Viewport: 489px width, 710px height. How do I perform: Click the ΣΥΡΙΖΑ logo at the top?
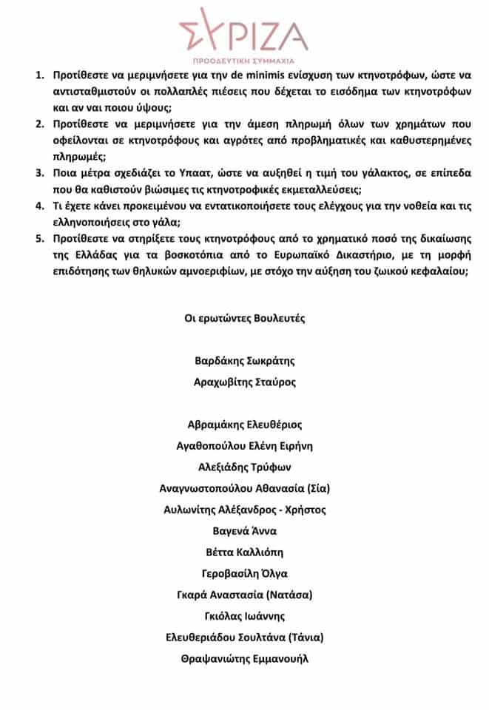(x=245, y=31)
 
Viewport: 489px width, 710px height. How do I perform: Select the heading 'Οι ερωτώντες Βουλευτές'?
(x=244, y=319)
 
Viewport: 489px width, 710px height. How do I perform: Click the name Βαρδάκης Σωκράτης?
(x=244, y=362)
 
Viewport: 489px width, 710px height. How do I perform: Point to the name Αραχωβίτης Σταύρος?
(x=244, y=382)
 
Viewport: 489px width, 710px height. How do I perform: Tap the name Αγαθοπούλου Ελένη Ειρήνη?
(x=244, y=446)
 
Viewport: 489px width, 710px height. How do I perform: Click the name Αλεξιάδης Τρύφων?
(x=244, y=467)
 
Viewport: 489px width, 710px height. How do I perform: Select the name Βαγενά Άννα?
(x=244, y=531)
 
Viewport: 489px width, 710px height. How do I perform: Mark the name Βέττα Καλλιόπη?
(x=244, y=552)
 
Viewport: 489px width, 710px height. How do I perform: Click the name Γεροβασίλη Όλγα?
(x=244, y=573)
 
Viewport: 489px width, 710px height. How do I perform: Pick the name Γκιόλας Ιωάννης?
(x=244, y=616)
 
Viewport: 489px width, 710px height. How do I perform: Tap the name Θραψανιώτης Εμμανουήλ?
(x=244, y=658)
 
